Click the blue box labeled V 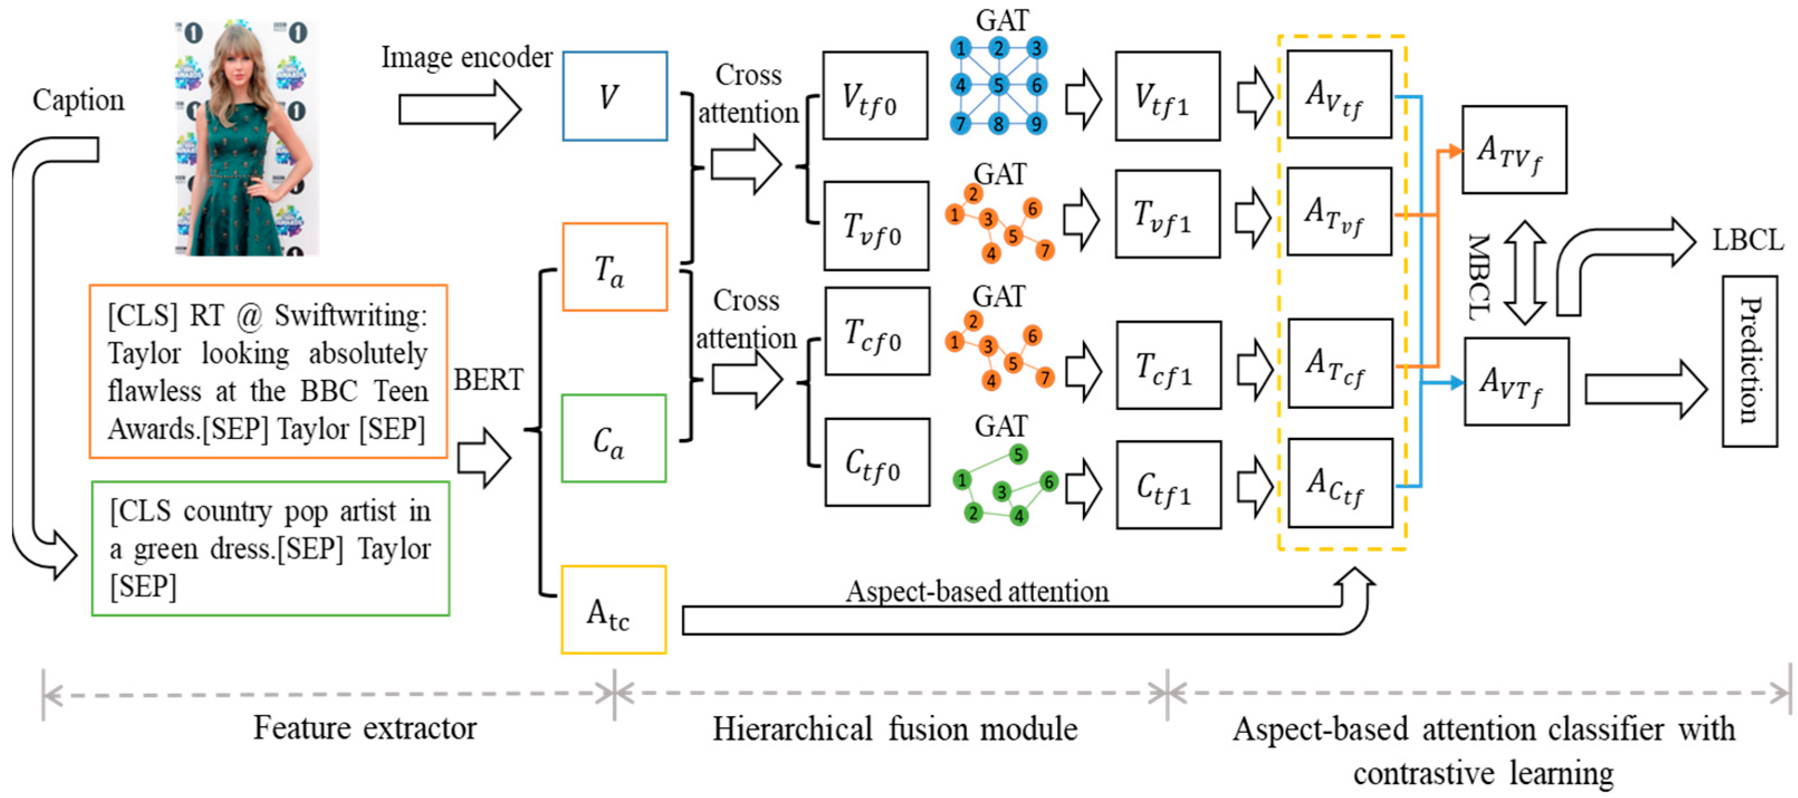click(614, 96)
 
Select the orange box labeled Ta click(614, 267)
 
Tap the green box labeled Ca click(613, 438)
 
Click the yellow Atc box click(613, 610)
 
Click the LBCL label click(1747, 241)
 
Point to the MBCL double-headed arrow click(1524, 273)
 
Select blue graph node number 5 click(999, 85)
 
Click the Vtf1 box click(1167, 96)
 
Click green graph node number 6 click(1048, 481)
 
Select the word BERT click(488, 380)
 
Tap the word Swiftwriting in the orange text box click(351, 316)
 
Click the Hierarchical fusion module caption click(895, 729)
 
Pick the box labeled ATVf click(1514, 150)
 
